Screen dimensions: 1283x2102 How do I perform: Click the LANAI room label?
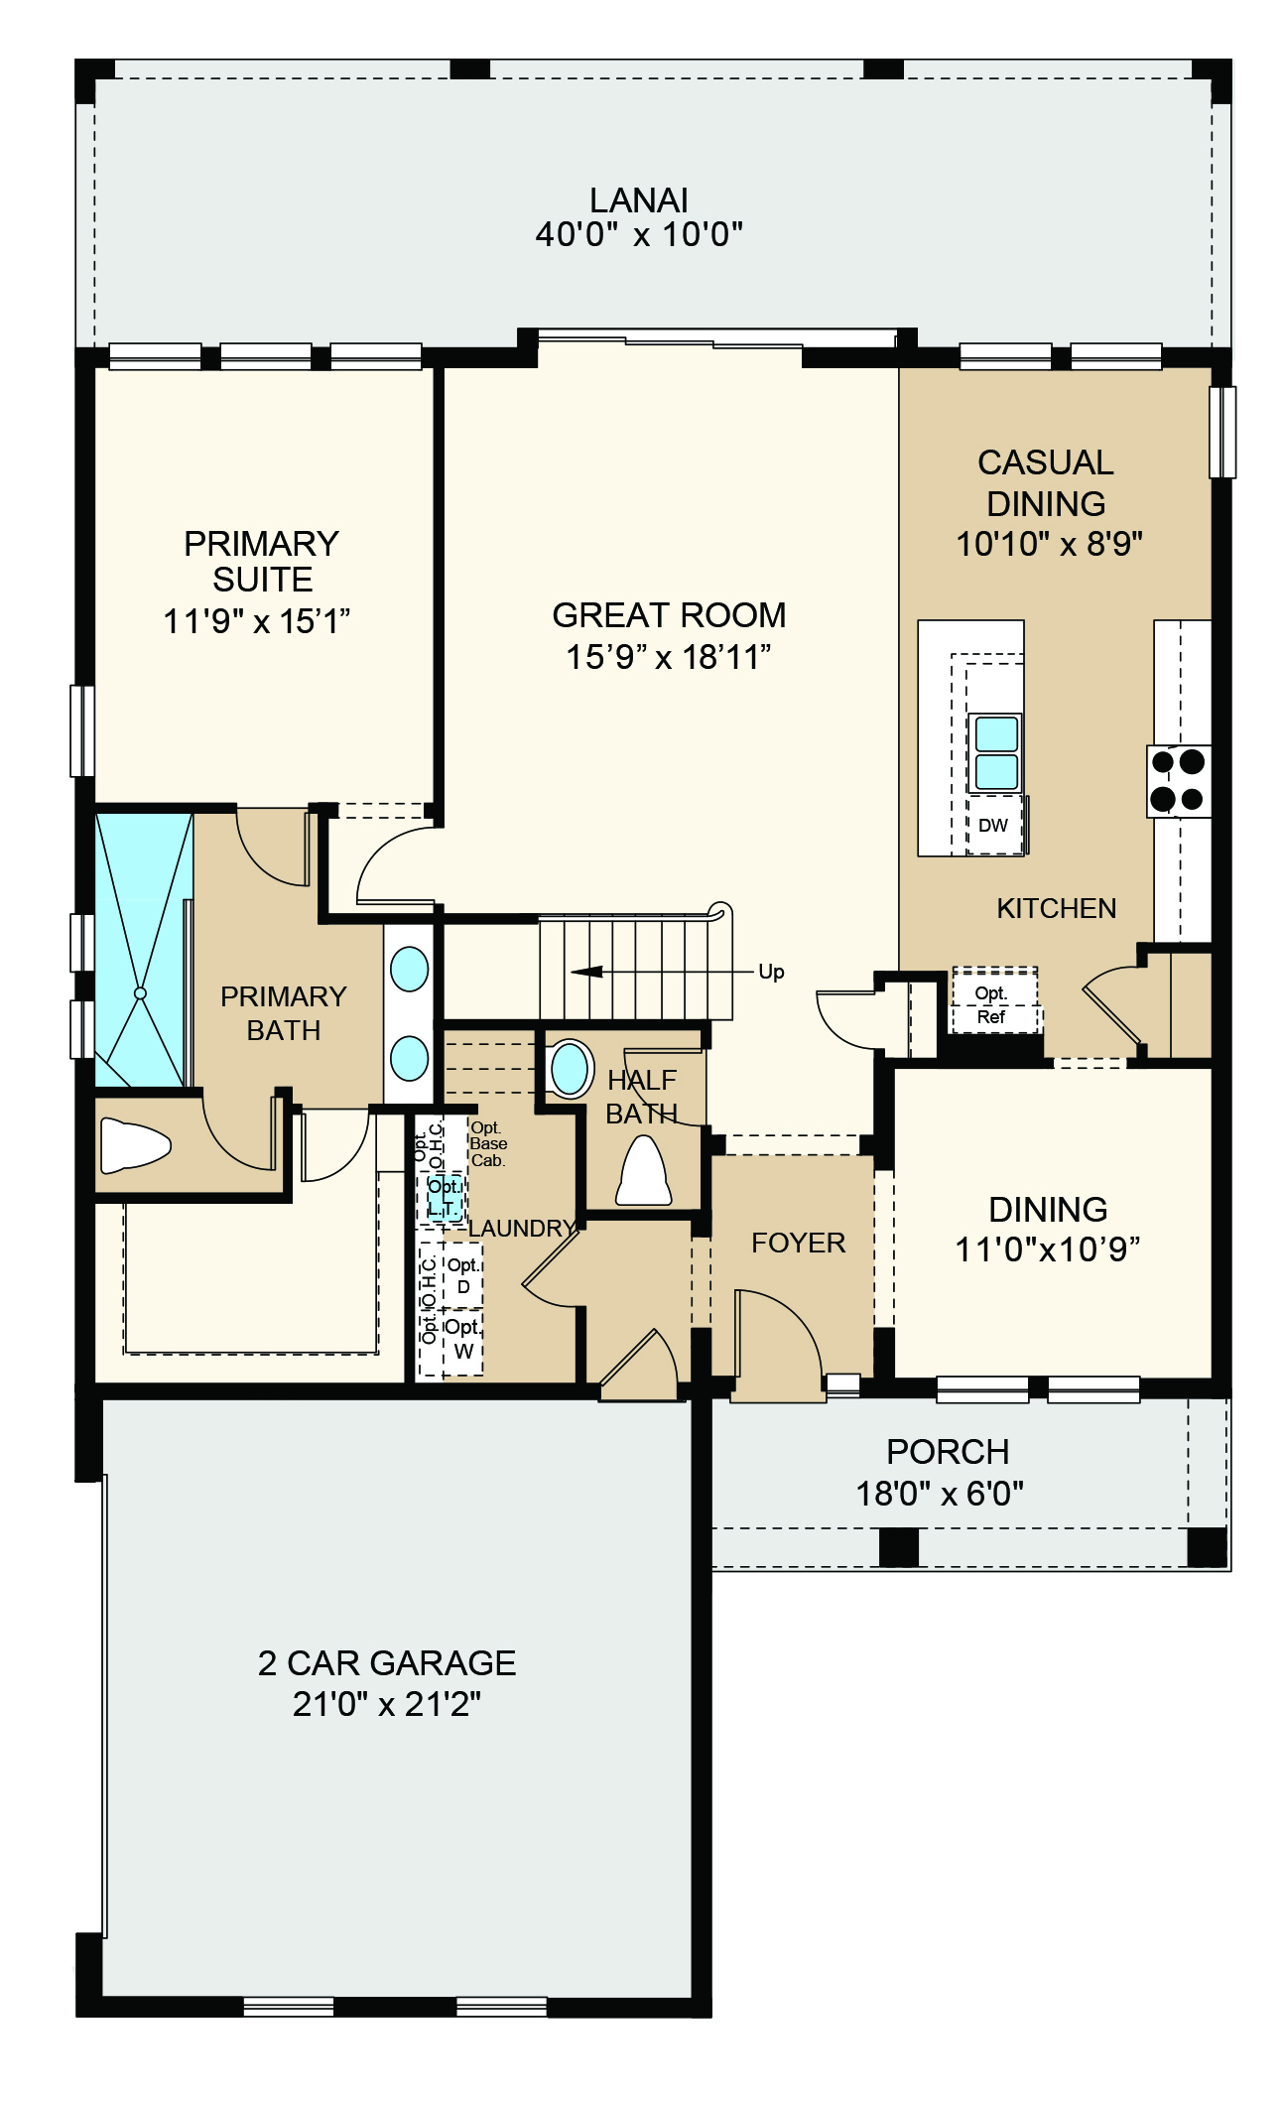[639, 200]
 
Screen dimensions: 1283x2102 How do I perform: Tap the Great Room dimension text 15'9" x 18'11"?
[669, 657]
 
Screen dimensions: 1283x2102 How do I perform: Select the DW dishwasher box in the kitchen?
[994, 825]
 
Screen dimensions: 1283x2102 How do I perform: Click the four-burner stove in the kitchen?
[1178, 780]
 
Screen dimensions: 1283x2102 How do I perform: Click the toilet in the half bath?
[643, 1171]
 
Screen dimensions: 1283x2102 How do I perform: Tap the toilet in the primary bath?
[136, 1145]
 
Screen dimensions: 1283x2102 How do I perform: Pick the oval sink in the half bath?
[571, 1069]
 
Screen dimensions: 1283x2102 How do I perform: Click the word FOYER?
[799, 1243]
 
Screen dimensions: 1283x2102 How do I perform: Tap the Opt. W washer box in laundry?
[462, 1339]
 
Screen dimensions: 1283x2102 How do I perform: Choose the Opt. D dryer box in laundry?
[462, 1275]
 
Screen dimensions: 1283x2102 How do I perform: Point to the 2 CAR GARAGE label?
[387, 1662]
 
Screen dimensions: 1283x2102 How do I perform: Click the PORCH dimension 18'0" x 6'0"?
[940, 1493]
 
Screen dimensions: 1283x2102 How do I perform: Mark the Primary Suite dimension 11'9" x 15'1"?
[257, 621]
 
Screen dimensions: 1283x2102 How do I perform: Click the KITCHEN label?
[1057, 908]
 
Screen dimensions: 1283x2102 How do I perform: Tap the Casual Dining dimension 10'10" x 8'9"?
[1049, 544]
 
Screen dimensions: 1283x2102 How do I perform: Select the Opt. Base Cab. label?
[488, 1143]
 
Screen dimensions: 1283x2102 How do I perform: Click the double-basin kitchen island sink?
[996, 752]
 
